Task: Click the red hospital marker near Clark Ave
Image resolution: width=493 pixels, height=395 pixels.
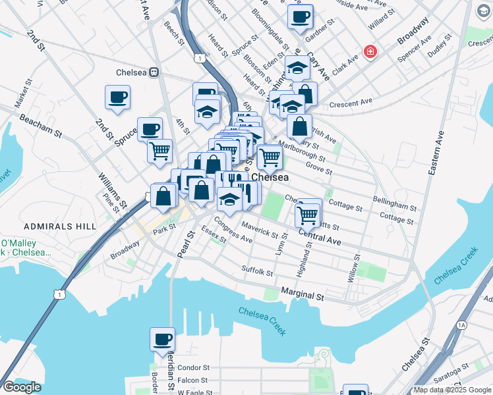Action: pyautogui.click(x=370, y=51)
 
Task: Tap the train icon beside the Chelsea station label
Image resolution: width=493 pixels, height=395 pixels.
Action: pyautogui.click(x=154, y=72)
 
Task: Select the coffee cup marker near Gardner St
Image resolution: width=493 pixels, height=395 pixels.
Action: pyautogui.click(x=301, y=17)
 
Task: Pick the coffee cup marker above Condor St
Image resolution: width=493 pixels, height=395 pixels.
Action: pyautogui.click(x=162, y=340)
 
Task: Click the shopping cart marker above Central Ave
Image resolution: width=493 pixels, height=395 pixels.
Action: pyautogui.click(x=308, y=215)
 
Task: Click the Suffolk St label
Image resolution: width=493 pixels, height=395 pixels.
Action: pyautogui.click(x=257, y=271)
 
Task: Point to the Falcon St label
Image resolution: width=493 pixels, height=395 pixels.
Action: pyautogui.click(x=193, y=380)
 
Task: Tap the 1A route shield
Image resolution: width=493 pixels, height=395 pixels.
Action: pyautogui.click(x=461, y=325)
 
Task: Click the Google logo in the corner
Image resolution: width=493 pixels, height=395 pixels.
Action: pyautogui.click(x=21, y=387)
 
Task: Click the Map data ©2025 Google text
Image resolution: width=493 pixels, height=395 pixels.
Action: pyautogui.click(x=452, y=390)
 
